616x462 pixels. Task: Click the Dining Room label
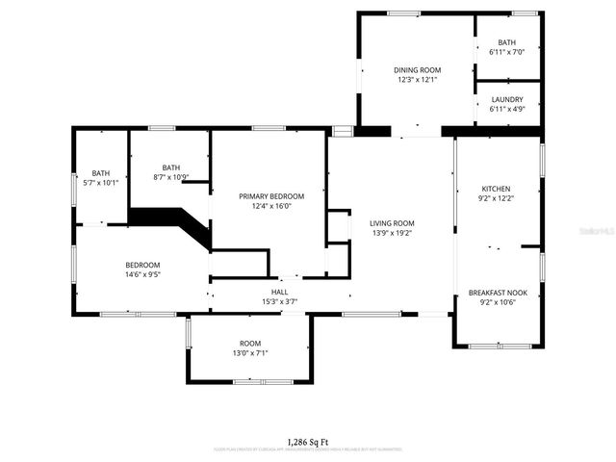417,70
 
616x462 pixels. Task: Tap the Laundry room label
507,99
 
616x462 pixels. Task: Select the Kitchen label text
496,189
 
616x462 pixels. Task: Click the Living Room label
392,223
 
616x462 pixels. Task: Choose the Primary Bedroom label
271,195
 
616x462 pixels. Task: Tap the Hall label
279,293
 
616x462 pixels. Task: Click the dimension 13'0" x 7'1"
250,353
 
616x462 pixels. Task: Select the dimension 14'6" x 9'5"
142,274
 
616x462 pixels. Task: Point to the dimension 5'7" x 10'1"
101,182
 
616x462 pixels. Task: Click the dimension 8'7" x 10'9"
170,177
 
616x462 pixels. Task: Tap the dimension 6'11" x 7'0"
507,52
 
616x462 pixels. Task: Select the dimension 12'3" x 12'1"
417,80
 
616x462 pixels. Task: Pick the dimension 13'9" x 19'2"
392,233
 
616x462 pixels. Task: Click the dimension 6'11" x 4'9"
507,109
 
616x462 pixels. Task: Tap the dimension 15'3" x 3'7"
279,302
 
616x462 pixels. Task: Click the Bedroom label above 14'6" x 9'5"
142,265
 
